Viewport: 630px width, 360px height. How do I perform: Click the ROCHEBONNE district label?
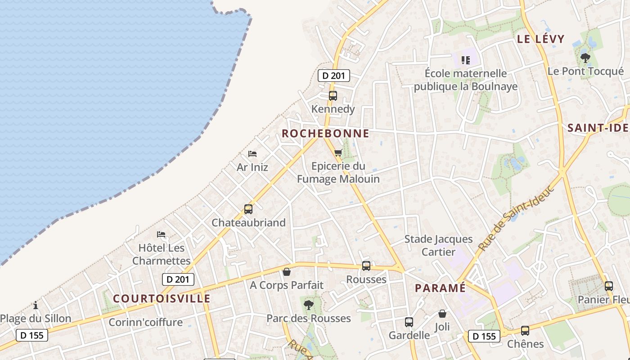[x=325, y=134]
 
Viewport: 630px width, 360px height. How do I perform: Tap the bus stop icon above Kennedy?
[x=333, y=96]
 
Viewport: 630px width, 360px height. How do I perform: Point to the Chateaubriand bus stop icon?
[x=248, y=209]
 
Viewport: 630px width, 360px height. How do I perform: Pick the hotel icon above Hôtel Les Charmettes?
[x=161, y=234]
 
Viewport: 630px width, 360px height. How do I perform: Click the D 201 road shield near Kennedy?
[x=334, y=76]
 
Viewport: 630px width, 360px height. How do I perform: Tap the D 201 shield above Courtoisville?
[x=178, y=279]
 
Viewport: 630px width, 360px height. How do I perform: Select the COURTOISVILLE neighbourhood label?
[x=162, y=299]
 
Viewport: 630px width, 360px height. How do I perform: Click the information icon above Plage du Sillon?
[x=36, y=306]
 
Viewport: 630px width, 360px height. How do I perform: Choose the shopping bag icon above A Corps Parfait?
[x=287, y=272]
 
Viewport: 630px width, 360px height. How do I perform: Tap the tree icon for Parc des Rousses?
[x=309, y=305]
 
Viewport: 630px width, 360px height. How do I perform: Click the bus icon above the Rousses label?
[x=366, y=266]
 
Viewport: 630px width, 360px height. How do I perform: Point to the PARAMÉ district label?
[x=440, y=288]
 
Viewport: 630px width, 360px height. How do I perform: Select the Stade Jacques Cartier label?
[x=438, y=245]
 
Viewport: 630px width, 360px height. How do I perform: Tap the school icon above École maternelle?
[x=466, y=60]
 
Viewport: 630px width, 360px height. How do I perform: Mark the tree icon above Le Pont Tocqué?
[x=585, y=58]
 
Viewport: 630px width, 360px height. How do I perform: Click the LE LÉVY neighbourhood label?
[x=540, y=39]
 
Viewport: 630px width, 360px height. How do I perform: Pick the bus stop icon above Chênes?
[x=525, y=331]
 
